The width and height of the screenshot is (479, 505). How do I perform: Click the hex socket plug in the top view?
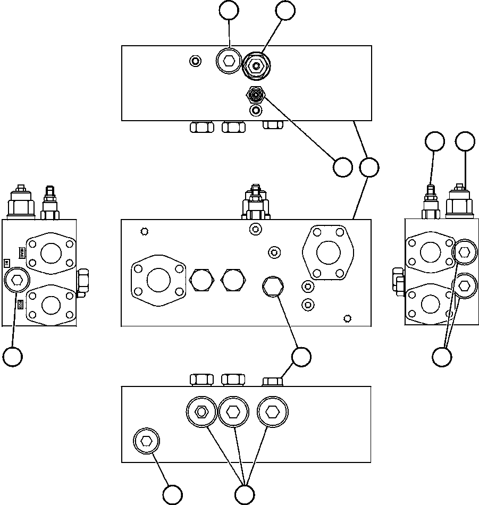[x=229, y=61]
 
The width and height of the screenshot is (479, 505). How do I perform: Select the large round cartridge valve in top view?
[x=257, y=66]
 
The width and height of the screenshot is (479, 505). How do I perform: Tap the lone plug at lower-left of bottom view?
[x=146, y=441]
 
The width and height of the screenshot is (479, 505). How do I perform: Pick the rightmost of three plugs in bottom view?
[x=272, y=411]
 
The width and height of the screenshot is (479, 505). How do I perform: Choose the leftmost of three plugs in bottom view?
[x=201, y=411]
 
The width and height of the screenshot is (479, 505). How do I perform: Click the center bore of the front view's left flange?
[x=158, y=279]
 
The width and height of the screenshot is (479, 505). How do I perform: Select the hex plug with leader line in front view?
[x=272, y=287]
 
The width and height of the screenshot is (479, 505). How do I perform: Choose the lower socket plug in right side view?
[x=464, y=285]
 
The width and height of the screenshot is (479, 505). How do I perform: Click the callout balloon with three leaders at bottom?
[x=244, y=494]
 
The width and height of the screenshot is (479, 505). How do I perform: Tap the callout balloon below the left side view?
[x=13, y=356]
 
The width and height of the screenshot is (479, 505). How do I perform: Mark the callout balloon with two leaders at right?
[x=442, y=356]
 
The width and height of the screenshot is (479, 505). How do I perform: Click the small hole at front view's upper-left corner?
[x=144, y=231]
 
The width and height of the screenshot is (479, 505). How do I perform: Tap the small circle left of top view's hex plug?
[x=195, y=61]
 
